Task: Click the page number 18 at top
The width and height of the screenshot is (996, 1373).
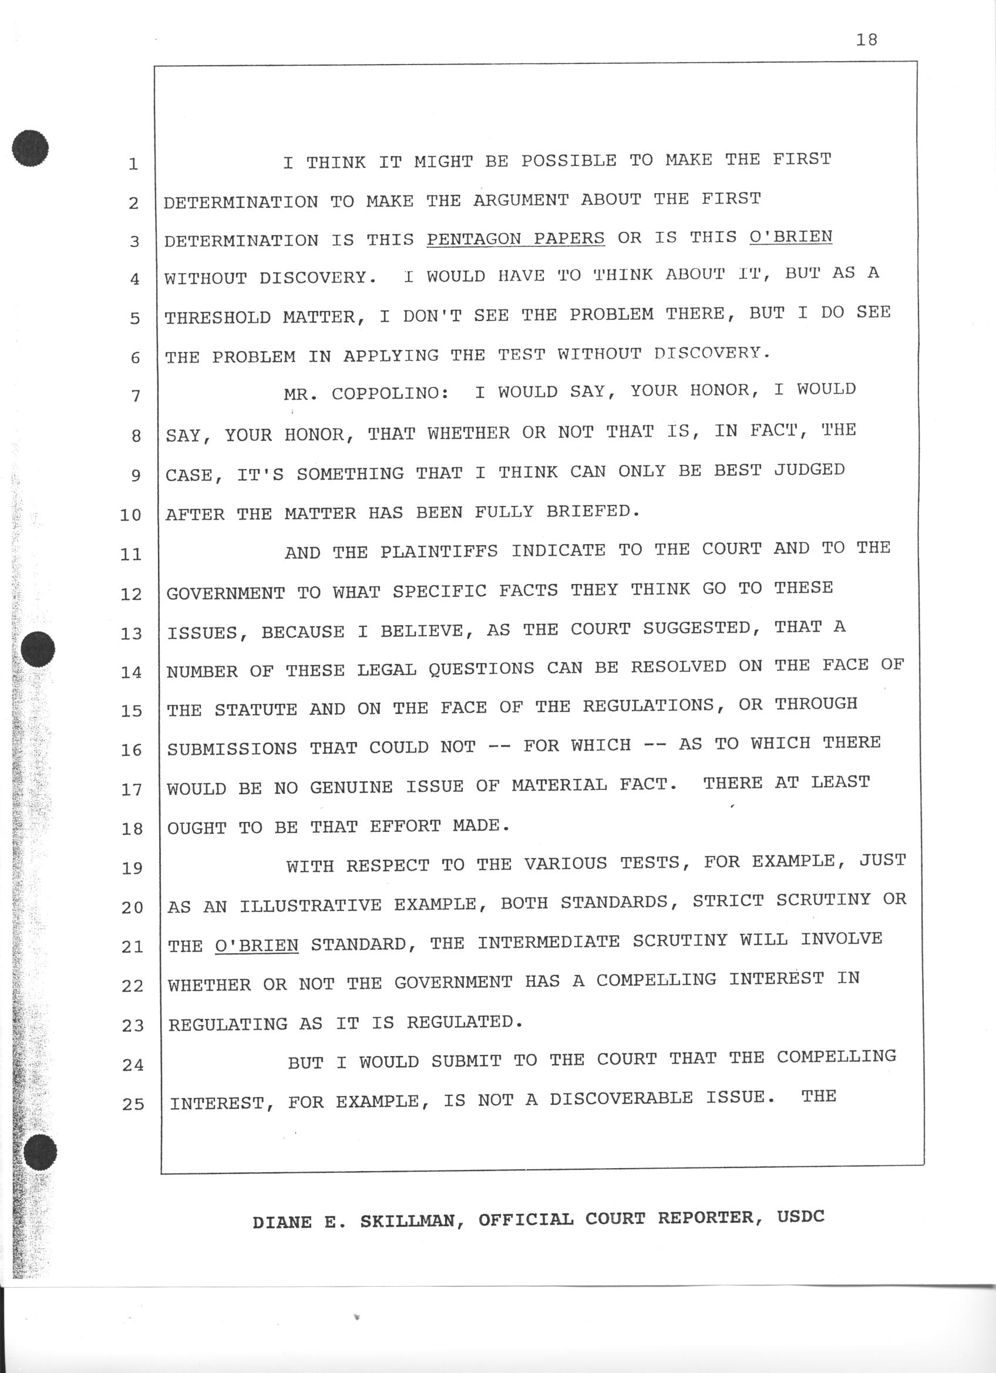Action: pyautogui.click(x=867, y=40)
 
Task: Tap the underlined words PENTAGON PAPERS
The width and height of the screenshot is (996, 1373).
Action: pyautogui.click(x=515, y=238)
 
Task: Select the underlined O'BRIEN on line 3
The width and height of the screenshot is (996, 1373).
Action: pyautogui.click(x=790, y=236)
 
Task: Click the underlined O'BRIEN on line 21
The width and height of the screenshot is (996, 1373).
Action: pyautogui.click(x=257, y=946)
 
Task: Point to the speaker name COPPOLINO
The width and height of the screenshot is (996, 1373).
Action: pyautogui.click(x=389, y=393)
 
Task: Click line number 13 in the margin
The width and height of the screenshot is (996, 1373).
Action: pyautogui.click(x=131, y=633)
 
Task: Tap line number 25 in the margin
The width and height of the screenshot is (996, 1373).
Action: pyautogui.click(x=133, y=1104)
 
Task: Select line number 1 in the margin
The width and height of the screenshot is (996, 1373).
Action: pyautogui.click(x=133, y=164)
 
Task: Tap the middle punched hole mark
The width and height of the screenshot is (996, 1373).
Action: pyautogui.click(x=38, y=649)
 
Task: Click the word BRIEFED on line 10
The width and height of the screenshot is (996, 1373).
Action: pyautogui.click(x=593, y=511)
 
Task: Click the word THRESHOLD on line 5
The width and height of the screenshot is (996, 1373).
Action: pyautogui.click(x=217, y=317)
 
